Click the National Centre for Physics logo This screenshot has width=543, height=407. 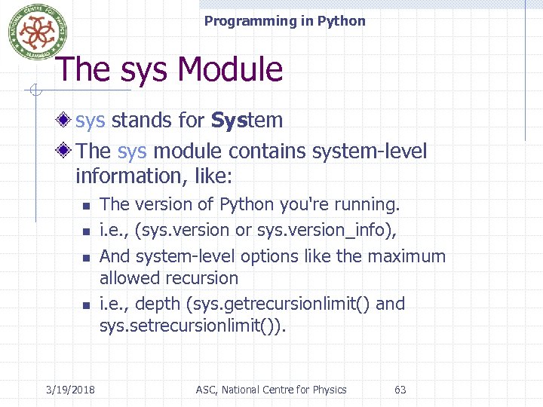pos(32,32)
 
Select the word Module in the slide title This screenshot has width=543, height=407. pos(231,70)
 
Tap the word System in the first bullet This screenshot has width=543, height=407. pos(247,120)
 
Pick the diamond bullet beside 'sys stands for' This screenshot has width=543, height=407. pos(66,120)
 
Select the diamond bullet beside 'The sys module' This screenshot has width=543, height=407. pos(66,151)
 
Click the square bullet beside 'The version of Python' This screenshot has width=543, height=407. pos(86,206)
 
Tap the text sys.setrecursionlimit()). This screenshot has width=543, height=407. pos(193,326)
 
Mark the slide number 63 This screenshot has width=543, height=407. pos(400,390)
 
